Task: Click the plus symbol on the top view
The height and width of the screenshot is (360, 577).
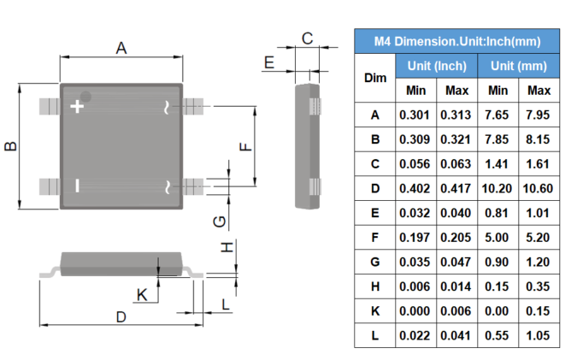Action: pyautogui.click(x=77, y=107)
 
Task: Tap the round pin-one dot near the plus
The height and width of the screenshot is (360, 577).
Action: pyautogui.click(x=85, y=97)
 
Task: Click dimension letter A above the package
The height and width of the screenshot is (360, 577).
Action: pyautogui.click(x=121, y=48)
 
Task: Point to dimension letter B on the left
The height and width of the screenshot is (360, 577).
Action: pyautogui.click(x=10, y=146)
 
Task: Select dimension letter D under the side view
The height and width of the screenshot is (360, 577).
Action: pyautogui.click(x=121, y=317)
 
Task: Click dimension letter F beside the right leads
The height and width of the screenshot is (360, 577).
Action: pyautogui.click(x=245, y=146)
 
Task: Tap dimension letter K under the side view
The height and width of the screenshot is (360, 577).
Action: pyautogui.click(x=142, y=295)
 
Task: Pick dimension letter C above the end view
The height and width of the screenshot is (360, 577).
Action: pyautogui.click(x=307, y=38)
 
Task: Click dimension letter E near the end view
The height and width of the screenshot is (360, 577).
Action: pyautogui.click(x=269, y=62)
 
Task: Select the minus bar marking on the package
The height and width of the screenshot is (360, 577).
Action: pyautogui.click(x=77, y=186)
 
